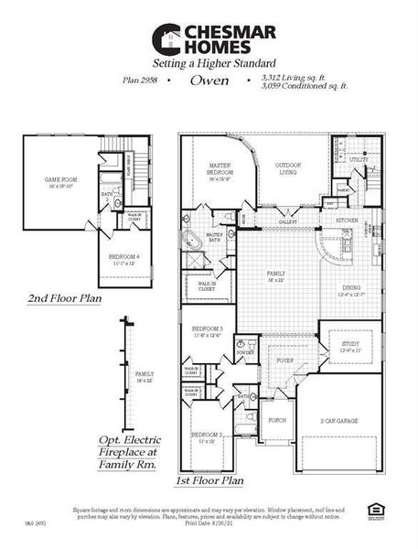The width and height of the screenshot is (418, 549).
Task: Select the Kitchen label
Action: [347, 221]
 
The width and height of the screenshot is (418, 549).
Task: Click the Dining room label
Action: [345, 290]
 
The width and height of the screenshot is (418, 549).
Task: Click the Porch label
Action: [277, 420]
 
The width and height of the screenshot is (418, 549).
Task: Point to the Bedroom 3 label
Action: [208, 328]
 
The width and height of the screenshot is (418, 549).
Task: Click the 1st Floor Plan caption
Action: [209, 479]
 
